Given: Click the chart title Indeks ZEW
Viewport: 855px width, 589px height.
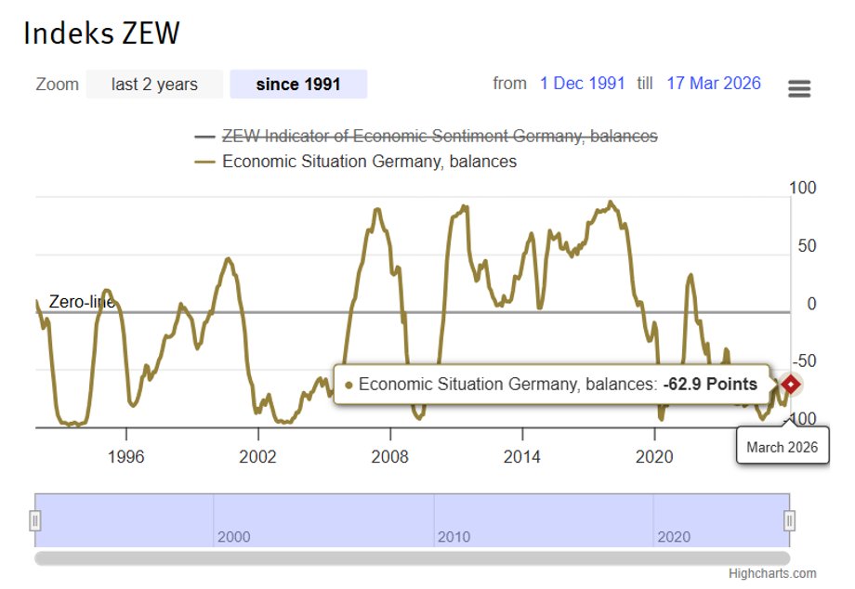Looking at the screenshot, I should coord(101,33).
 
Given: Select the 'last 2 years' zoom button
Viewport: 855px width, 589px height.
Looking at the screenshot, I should coord(154,85).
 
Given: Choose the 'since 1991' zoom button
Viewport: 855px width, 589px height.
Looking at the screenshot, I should coord(298,85).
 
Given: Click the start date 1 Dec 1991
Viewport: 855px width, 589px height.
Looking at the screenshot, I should coord(583,84).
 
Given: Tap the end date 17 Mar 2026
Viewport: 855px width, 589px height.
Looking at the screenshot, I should coord(714,84).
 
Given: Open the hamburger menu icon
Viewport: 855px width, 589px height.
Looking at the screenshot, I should coord(799,88).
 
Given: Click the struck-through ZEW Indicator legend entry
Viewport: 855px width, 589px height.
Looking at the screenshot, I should coord(439,137).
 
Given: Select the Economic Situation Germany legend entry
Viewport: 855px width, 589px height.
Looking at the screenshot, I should coord(369,162).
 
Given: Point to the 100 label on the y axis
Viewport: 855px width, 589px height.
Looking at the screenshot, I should coord(803,189).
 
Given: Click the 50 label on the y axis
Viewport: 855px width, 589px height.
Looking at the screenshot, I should coord(807,246).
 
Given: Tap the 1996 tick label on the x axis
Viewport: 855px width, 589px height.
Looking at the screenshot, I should coord(125,457).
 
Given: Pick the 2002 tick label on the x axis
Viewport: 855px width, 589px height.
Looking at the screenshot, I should coord(257,457).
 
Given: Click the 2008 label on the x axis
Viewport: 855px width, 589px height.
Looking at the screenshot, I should coord(389,457).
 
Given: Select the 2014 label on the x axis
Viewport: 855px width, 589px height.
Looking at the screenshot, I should coord(522,457).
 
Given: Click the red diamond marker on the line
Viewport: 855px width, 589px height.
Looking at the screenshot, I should coord(790,384).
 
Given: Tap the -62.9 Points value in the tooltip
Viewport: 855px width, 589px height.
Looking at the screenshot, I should coord(710,385).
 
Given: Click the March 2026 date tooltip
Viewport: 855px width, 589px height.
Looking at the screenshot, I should coord(783,447).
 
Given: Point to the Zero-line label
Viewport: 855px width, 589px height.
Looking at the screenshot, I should coord(81,302).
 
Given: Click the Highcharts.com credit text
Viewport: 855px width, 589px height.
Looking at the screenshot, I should coord(772,573).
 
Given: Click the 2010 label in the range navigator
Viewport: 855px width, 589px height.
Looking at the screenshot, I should coord(454,537).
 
